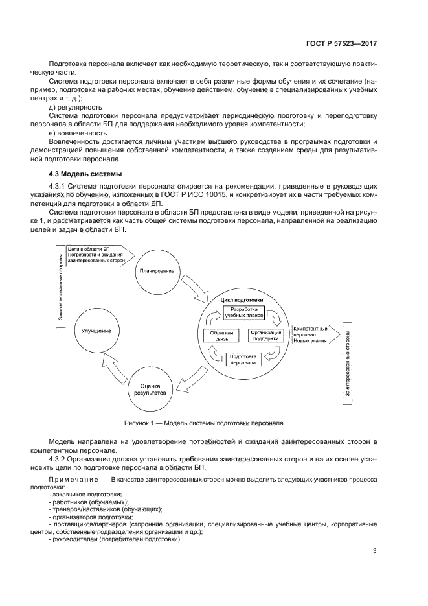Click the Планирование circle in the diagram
[x=156, y=270]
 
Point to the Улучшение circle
[x=96, y=331]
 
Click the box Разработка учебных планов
[x=244, y=313]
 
